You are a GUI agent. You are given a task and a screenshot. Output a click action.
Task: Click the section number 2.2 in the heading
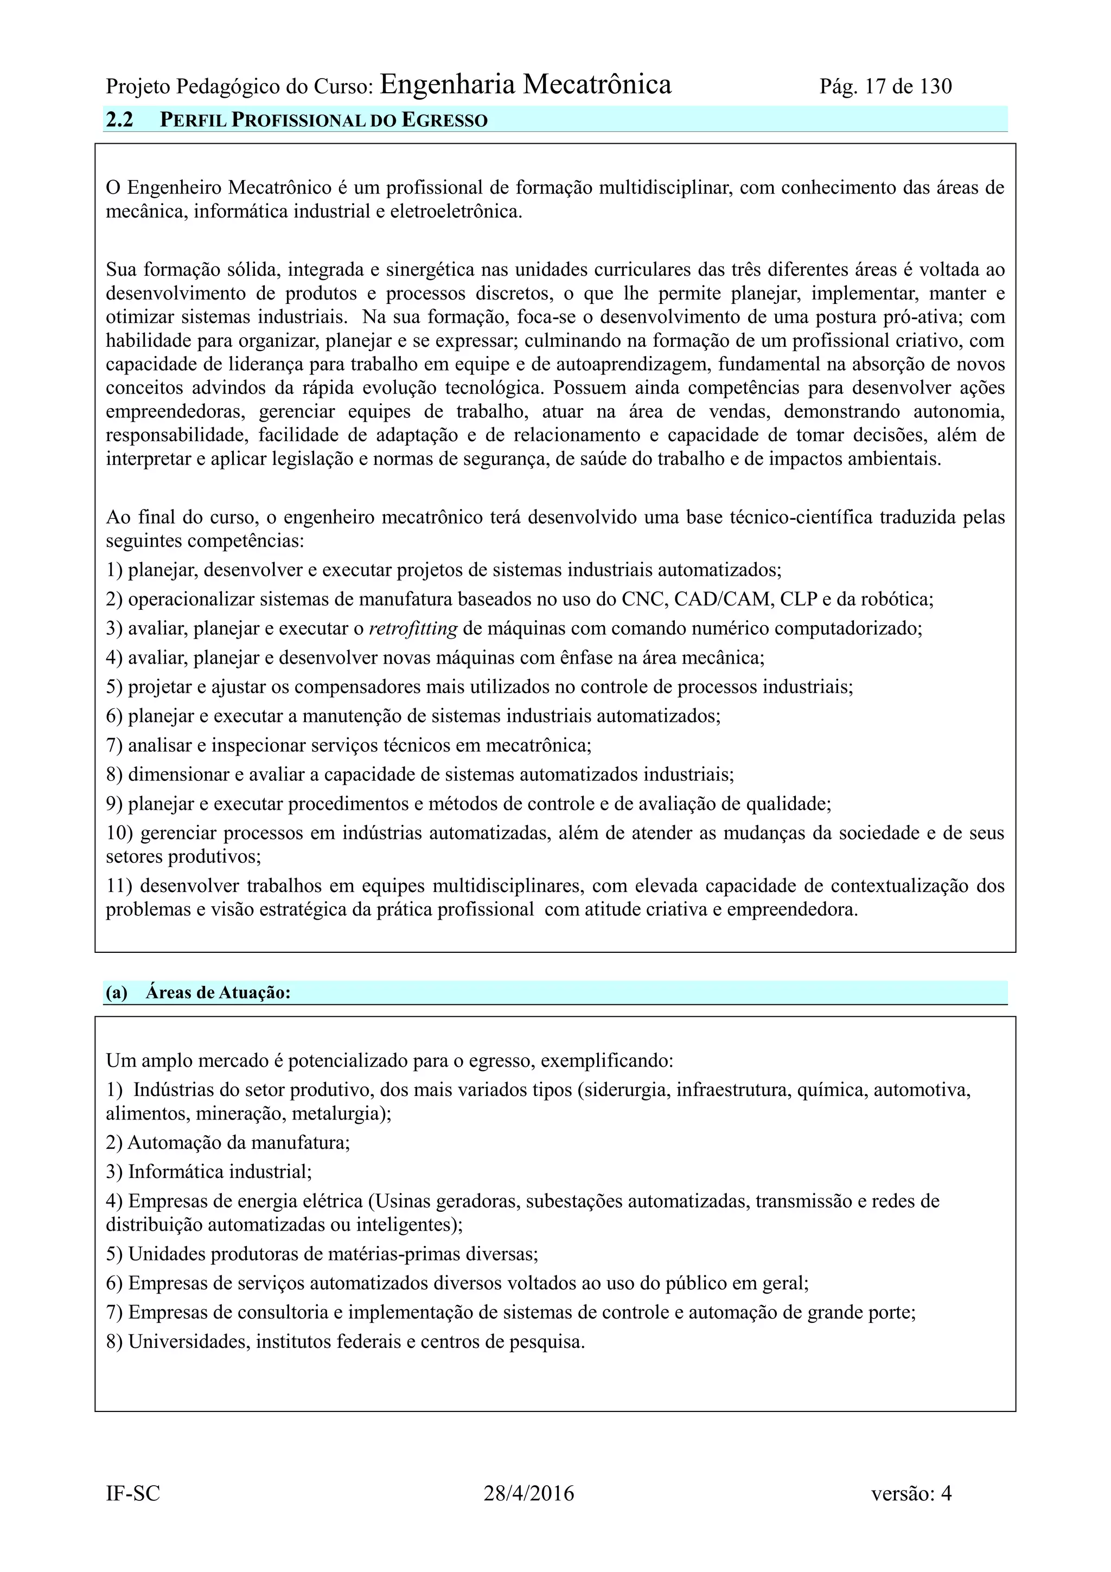click(x=119, y=120)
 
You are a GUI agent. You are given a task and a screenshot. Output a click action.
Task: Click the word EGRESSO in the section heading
click(x=444, y=121)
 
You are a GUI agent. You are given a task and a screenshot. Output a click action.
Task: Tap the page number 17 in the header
click(x=876, y=87)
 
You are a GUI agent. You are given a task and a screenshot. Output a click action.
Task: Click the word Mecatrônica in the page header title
click(x=597, y=85)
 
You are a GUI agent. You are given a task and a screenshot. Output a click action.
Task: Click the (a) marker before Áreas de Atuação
click(x=117, y=993)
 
